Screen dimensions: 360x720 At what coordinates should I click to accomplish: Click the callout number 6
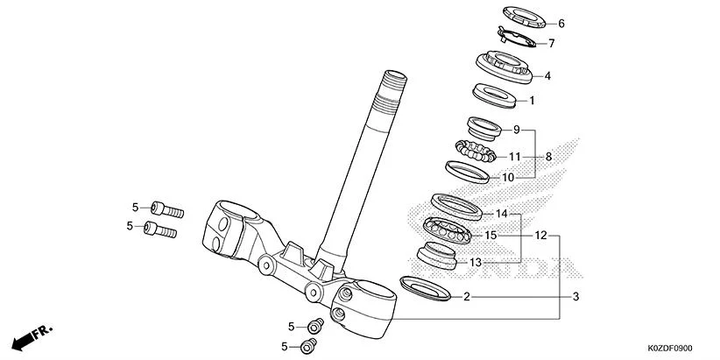coord(561,24)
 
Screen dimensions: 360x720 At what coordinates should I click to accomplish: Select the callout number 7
coord(552,43)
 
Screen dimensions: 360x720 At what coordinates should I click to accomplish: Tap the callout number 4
coord(547,76)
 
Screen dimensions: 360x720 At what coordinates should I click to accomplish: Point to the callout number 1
coord(544,101)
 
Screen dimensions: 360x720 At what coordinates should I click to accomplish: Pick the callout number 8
coord(548,157)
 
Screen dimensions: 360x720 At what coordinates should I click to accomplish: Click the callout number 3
coord(576,297)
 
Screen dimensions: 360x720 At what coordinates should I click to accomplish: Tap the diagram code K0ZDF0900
coord(678,349)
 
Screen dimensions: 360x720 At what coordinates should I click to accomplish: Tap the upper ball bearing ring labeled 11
coord(476,151)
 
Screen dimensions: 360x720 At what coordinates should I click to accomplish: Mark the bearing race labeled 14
coord(459,206)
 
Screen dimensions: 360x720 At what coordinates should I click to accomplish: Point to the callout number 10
coord(507,177)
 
